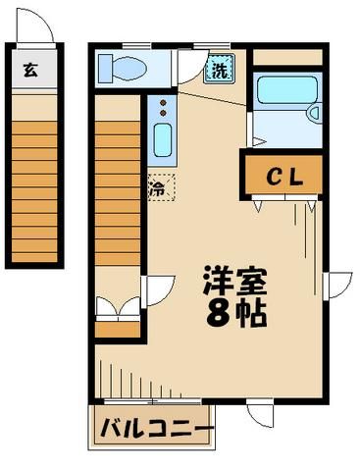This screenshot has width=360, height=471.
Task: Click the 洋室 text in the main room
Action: [x=235, y=279]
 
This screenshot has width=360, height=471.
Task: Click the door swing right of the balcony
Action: [x=258, y=412]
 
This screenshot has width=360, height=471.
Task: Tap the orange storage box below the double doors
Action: [x=118, y=328]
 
